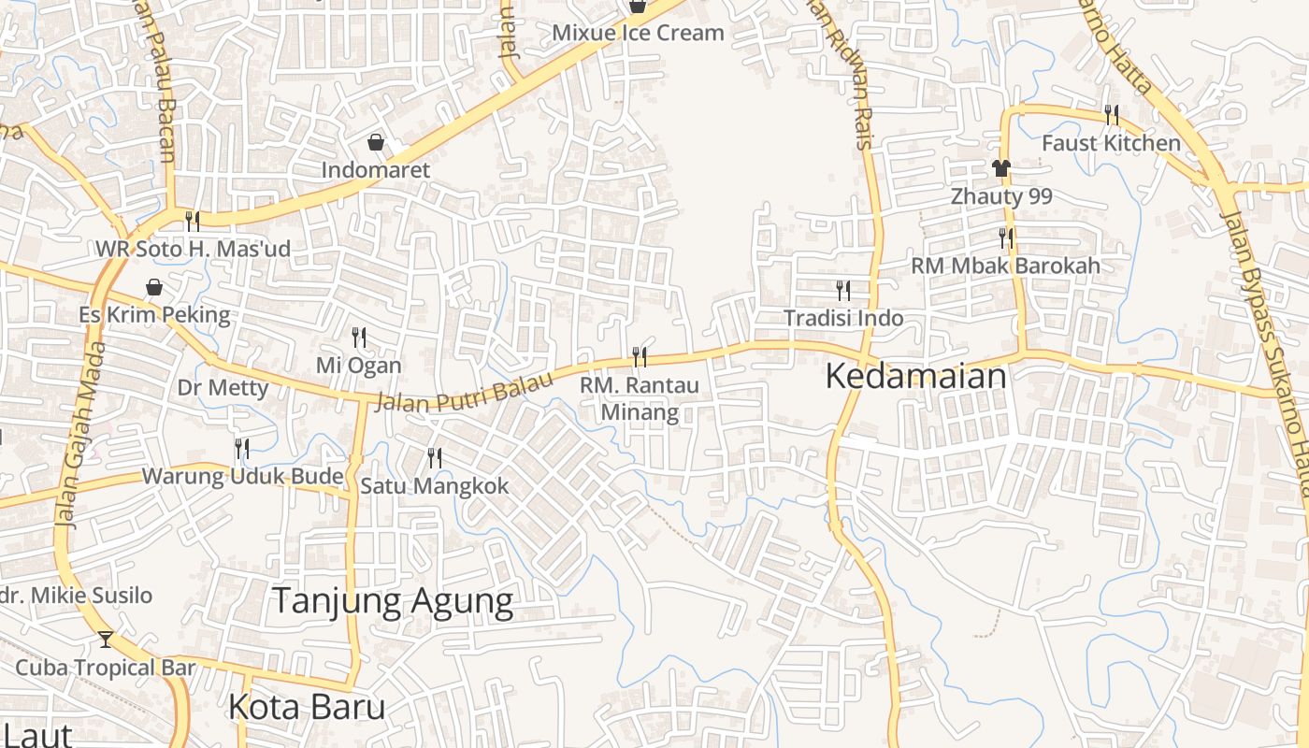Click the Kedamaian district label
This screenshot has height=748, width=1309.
[915, 377]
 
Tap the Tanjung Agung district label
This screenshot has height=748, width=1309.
[393, 601]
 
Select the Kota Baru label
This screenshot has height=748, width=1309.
[307, 707]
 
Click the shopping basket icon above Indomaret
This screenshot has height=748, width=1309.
[376, 142]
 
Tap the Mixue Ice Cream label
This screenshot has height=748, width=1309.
[638, 33]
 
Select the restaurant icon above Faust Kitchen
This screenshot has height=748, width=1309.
[1112, 115]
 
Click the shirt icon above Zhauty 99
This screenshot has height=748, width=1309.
[1001, 168]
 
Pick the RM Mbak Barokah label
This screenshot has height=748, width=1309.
[1006, 266]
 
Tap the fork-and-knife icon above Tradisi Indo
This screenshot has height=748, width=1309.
[843, 290]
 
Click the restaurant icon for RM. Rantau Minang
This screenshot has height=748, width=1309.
[640, 356]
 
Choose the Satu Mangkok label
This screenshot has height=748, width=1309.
[435, 486]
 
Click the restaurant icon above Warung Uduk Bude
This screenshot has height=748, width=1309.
[242, 449]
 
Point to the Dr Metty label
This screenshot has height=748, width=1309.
[223, 387]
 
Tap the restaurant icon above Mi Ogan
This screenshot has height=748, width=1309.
[359, 338]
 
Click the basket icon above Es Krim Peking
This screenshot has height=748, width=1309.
[154, 287]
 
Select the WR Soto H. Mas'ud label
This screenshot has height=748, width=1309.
[194, 250]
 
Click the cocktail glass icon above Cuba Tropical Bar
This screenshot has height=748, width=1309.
[106, 640]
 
